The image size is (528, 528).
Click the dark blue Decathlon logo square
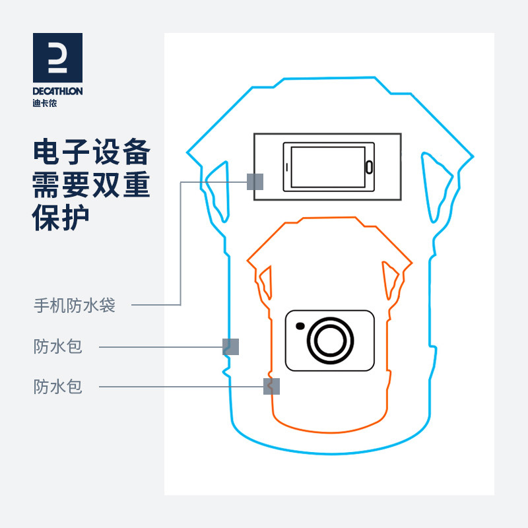pyautogui.click(x=57, y=57)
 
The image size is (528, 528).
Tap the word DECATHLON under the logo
pyautogui.click(x=57, y=92)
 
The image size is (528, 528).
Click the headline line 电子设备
pyautogui.click(x=92, y=153)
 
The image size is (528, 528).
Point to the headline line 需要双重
pyautogui.click(x=92, y=186)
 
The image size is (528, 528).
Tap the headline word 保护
pyautogui.click(x=61, y=218)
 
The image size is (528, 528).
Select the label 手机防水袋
pyautogui.click(x=75, y=306)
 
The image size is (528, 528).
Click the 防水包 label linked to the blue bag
pyautogui.click(x=58, y=346)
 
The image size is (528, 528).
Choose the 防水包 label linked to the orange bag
pyautogui.click(x=58, y=386)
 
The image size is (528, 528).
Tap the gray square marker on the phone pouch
pyautogui.click(x=255, y=181)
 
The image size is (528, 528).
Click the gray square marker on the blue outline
pyautogui.click(x=230, y=346)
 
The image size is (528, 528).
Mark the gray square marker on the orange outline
pyautogui.click(x=272, y=386)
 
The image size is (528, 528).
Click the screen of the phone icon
pyautogui.click(x=327, y=166)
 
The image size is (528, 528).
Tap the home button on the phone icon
pyautogui.click(x=370, y=166)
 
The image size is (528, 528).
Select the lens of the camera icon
pyautogui.click(x=328, y=341)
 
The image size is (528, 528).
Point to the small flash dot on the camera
pyautogui.click(x=301, y=325)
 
